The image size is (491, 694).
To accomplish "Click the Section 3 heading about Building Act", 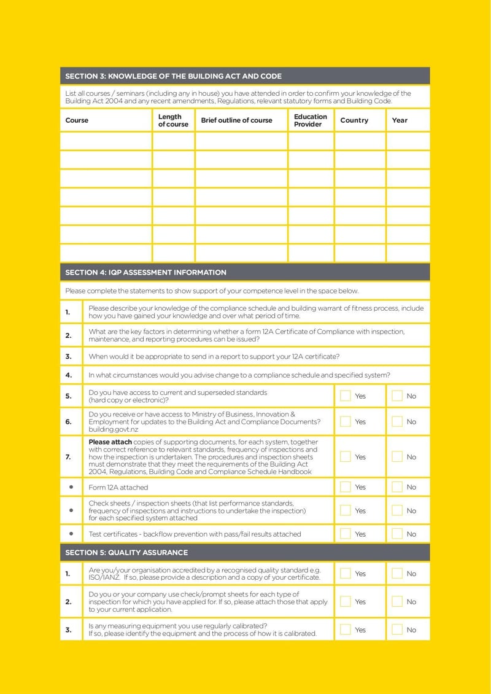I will tap(173, 76).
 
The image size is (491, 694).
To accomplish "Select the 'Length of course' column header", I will tap(173, 120).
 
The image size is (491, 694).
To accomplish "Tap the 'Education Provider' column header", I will tap(310, 120).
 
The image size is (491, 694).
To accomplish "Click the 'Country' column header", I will tap(354, 120).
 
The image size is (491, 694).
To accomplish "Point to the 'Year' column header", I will tap(400, 120).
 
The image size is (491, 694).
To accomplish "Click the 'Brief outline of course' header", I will tap(236, 120).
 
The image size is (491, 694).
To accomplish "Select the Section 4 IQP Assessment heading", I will tap(145, 272).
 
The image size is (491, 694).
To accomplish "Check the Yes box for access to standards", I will tap(346, 396).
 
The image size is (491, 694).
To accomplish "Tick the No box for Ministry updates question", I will tap(397, 421).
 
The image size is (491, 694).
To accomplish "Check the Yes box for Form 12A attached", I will tap(346, 487).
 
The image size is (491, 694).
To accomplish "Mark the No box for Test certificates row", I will tap(397, 534).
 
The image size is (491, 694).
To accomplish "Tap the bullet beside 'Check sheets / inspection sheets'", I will tap(71, 510).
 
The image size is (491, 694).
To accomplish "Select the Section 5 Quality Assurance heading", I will tap(126, 552).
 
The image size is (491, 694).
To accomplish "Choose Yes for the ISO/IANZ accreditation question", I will tap(346, 573).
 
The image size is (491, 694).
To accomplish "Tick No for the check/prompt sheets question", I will tap(397, 602).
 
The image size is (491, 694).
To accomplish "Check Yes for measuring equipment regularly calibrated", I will tap(346, 630).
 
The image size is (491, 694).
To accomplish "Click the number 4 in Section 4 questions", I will tap(68, 375).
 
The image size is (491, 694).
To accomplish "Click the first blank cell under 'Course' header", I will tap(106, 141).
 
